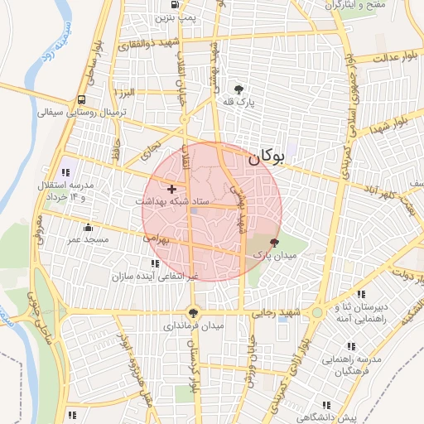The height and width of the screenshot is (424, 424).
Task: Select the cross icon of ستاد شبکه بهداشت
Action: [172, 190]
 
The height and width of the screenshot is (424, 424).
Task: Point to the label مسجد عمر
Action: [89, 239]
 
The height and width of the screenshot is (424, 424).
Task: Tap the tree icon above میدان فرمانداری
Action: [194, 313]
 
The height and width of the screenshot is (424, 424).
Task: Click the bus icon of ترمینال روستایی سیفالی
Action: [81, 99]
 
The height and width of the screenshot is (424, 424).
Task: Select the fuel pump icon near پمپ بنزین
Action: [161, 16]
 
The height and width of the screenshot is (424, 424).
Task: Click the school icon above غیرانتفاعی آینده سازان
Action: [156, 263]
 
